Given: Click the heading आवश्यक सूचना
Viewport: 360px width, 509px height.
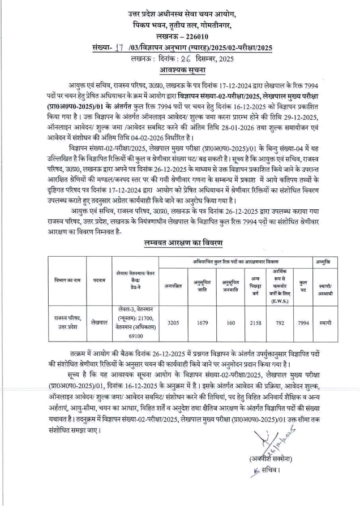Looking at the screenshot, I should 179,70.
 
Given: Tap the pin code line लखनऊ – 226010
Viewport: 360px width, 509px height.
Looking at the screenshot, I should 179,36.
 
